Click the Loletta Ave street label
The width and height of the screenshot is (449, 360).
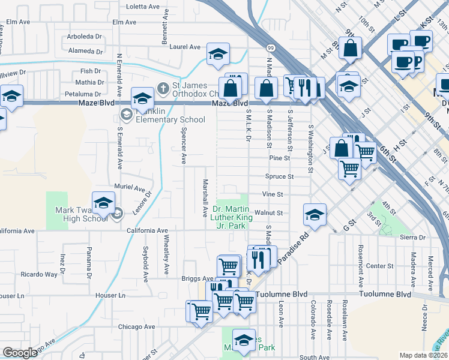(143, 7)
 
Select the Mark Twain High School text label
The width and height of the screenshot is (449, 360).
(81, 214)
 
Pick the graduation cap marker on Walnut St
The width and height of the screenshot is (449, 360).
(314, 214)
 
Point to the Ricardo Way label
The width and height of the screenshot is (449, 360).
(39, 274)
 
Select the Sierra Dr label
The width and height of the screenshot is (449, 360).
(413, 238)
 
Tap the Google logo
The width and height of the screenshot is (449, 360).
(20, 353)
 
